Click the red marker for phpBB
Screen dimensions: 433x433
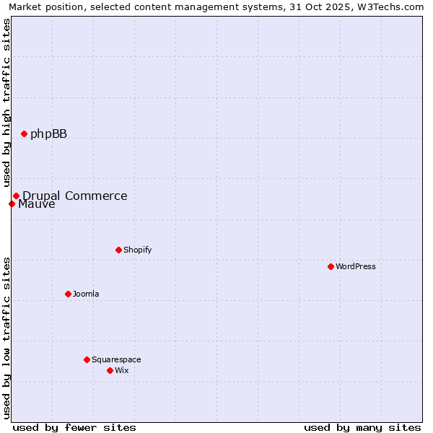(24, 134)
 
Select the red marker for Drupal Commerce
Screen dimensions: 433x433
(16, 196)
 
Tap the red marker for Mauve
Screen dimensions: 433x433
(12, 204)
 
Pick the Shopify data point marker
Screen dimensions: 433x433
(118, 250)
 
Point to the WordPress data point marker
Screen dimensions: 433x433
(331, 266)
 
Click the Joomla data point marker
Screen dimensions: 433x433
(68, 294)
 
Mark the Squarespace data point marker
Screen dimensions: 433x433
(87, 359)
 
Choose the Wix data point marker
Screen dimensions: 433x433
(110, 370)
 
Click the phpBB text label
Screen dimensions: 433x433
(48, 134)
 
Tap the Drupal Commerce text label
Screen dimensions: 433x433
(74, 196)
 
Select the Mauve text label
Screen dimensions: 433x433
(36, 204)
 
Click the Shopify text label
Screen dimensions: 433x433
(137, 250)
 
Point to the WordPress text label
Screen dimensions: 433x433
(355, 266)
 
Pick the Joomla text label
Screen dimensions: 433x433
(86, 294)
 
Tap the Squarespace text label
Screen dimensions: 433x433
(116, 359)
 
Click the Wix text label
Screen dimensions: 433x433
(121, 370)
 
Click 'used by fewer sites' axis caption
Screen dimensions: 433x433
(74, 427)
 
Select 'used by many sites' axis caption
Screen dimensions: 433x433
(362, 427)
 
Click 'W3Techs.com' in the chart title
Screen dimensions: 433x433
(393, 6)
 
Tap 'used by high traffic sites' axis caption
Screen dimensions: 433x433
(6, 103)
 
